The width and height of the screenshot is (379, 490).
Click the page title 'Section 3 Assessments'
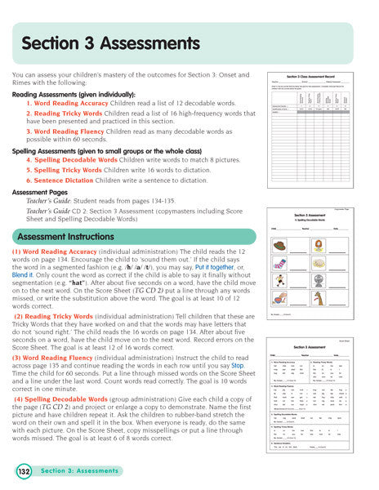point(110,42)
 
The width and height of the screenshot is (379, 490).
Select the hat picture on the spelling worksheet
point(280,245)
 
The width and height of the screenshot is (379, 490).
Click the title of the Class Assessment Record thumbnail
point(310,74)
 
